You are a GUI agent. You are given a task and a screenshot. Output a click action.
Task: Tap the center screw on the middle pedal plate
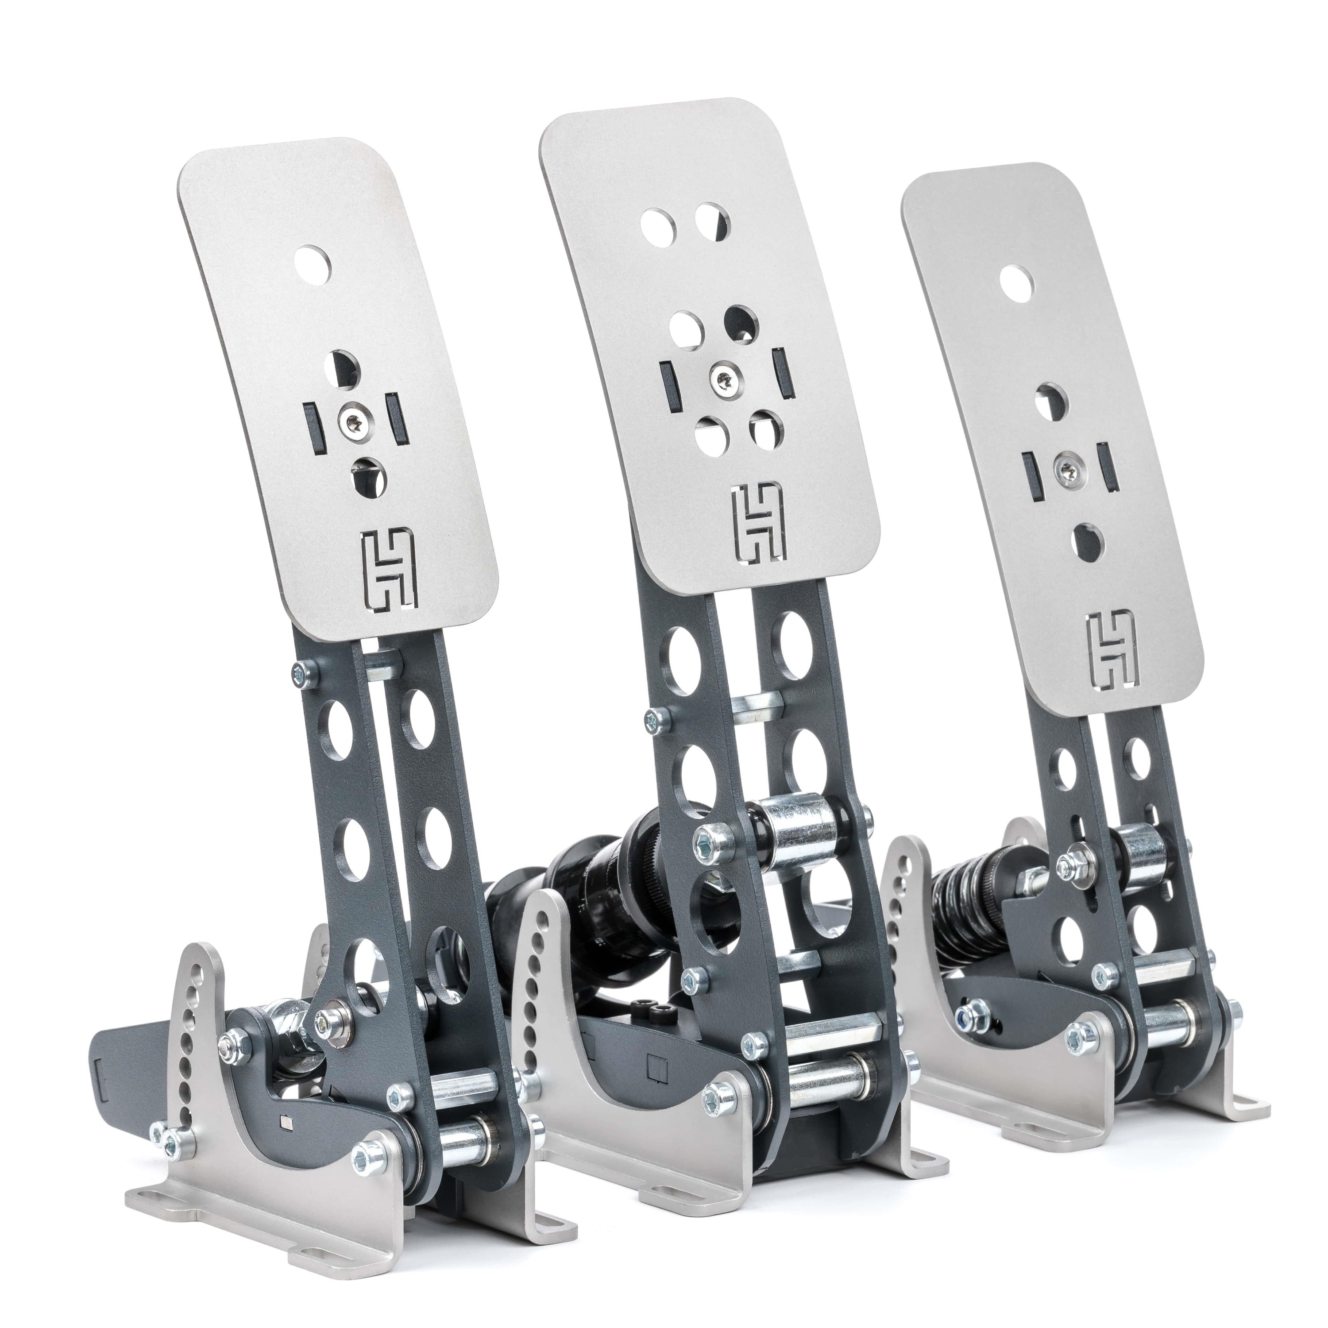[x=721, y=375]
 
